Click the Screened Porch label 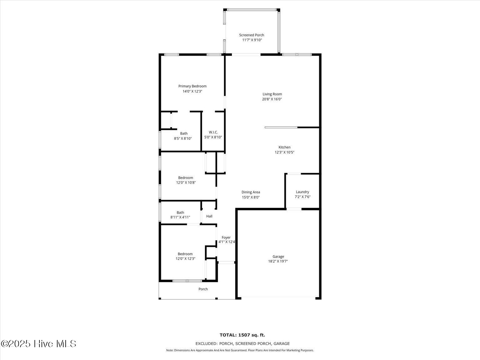(252, 35)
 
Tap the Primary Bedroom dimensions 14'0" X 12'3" (192, 91)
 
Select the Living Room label (272, 94)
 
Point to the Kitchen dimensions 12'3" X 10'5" (284, 152)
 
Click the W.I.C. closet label (213, 132)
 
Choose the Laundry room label (302, 192)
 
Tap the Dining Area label (251, 192)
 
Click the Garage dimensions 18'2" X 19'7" (278, 261)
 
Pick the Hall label (209, 216)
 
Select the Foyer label (226, 237)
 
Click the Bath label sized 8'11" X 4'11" (180, 212)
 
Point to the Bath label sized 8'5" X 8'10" (184, 133)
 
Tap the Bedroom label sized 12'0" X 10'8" (186, 178)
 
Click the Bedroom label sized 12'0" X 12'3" (185, 254)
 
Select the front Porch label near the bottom (203, 289)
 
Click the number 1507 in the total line (244, 335)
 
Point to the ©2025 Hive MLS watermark (38, 344)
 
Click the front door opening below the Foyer (226, 262)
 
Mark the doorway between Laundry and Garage (294, 209)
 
